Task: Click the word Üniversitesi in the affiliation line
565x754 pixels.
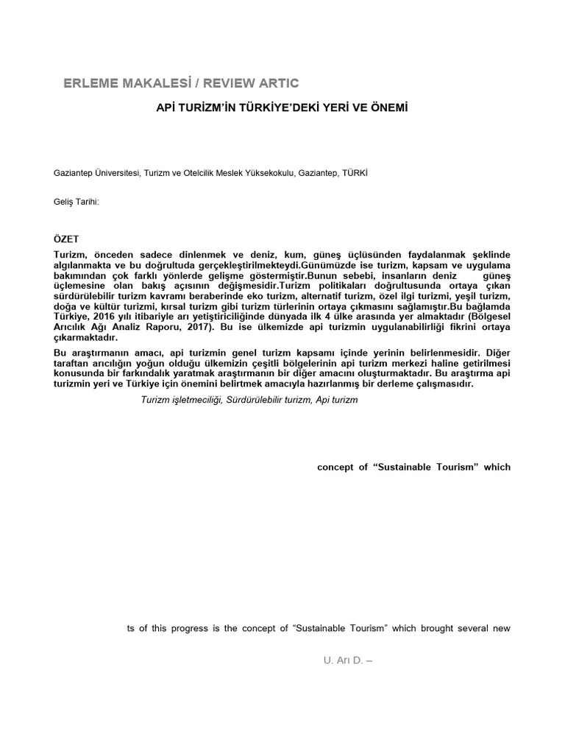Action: coord(113,172)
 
